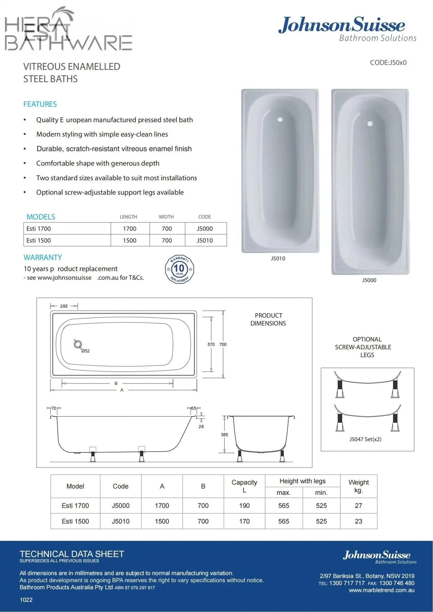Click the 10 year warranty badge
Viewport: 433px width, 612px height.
[179, 269]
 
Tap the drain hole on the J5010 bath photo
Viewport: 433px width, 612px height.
[280, 120]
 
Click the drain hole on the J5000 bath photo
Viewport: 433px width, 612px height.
[370, 124]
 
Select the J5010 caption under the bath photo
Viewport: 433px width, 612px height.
[278, 258]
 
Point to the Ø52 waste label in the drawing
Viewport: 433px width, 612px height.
[86, 351]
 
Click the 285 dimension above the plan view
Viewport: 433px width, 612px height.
[64, 306]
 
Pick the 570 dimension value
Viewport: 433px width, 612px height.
[211, 344]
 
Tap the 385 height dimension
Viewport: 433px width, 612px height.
[225, 434]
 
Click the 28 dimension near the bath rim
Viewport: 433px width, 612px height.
[201, 426]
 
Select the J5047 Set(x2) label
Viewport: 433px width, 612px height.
[365, 439]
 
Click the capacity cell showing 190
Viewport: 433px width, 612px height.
[244, 506]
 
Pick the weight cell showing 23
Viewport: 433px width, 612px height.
[358, 521]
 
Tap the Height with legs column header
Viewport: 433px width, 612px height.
[302, 481]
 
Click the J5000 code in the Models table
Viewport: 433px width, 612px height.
[205, 229]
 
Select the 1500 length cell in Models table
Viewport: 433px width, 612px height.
[129, 240]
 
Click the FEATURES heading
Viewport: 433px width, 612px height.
[40, 104]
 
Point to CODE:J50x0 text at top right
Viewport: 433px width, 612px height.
[388, 62]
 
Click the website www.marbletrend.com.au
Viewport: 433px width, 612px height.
[382, 590]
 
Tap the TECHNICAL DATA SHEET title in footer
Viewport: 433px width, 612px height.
[72, 554]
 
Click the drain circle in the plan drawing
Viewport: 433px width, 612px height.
[78, 344]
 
